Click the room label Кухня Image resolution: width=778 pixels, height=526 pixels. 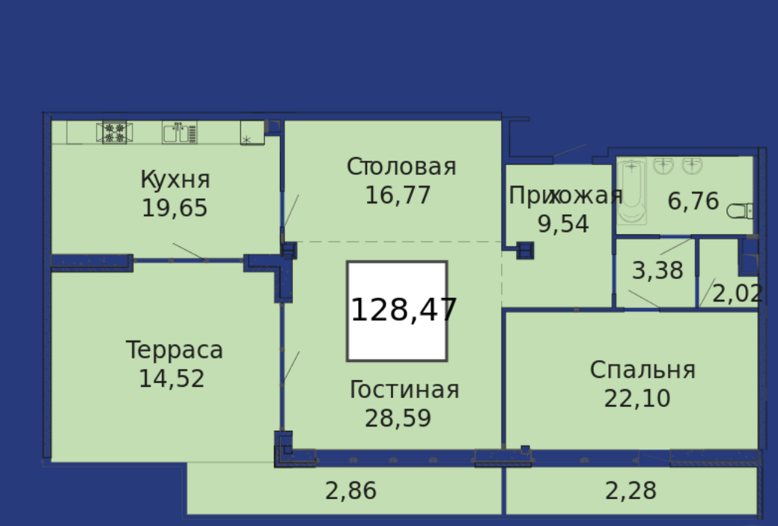click(175, 180)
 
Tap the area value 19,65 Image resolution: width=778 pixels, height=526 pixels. click(175, 208)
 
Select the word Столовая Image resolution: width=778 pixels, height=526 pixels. click(401, 167)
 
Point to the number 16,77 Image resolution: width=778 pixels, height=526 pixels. click(398, 195)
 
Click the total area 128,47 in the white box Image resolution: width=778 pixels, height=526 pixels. click(403, 310)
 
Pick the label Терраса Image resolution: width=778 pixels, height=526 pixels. click(174, 350)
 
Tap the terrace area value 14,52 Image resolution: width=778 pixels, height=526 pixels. click(172, 378)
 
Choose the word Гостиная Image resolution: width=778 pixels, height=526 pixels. click(404, 389)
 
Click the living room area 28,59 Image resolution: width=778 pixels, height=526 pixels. click(398, 418)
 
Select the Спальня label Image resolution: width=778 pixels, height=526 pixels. click(643, 370)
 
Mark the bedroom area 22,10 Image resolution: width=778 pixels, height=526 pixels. click(637, 398)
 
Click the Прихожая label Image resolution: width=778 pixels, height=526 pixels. click(566, 195)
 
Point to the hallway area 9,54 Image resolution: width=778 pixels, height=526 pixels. click(563, 224)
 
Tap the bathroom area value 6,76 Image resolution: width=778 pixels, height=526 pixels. click(693, 201)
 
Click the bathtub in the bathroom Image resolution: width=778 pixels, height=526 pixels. click(631, 191)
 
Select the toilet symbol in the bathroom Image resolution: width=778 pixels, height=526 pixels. click(740, 211)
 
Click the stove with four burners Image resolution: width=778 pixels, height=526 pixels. click(114, 133)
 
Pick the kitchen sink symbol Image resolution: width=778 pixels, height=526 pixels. click(179, 132)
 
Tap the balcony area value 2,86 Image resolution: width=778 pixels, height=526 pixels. click(351, 491)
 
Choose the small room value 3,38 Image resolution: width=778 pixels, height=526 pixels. click(658, 270)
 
